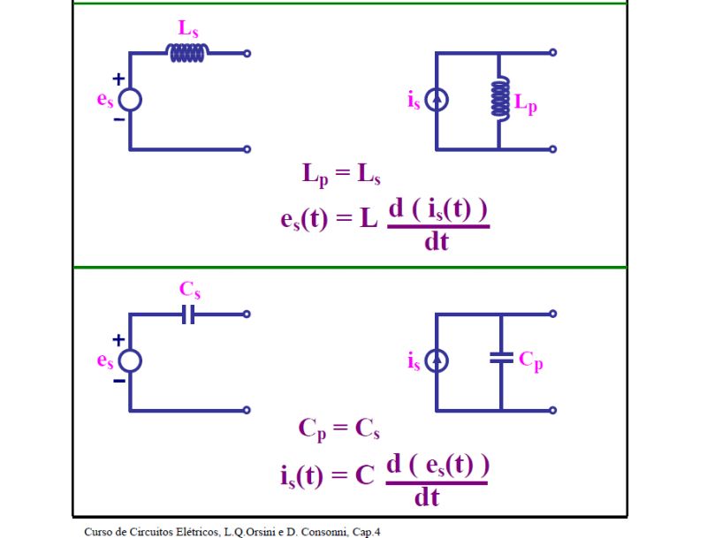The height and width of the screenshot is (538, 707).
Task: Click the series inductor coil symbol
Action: click(188, 53)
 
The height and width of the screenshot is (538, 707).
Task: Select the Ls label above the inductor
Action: click(188, 27)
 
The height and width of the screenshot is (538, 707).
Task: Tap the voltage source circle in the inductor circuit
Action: click(130, 100)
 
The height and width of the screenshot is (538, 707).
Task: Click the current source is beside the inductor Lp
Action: click(437, 101)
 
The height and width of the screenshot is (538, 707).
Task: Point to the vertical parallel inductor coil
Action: click(499, 100)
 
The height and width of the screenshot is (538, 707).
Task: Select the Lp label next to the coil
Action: click(526, 105)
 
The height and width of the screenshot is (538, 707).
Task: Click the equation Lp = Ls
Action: click(341, 175)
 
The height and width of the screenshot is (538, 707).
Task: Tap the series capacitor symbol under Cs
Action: click(187, 314)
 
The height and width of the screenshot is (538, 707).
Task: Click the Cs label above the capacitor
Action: click(190, 289)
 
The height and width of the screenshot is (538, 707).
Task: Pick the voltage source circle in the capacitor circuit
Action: click(130, 360)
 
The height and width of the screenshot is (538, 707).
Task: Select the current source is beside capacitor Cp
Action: click(437, 360)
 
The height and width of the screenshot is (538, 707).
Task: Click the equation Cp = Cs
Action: click(339, 430)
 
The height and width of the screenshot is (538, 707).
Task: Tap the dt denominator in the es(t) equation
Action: click(437, 240)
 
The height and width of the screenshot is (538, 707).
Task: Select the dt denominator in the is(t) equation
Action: click(428, 497)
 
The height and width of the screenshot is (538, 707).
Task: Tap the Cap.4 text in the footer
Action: click(366, 531)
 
